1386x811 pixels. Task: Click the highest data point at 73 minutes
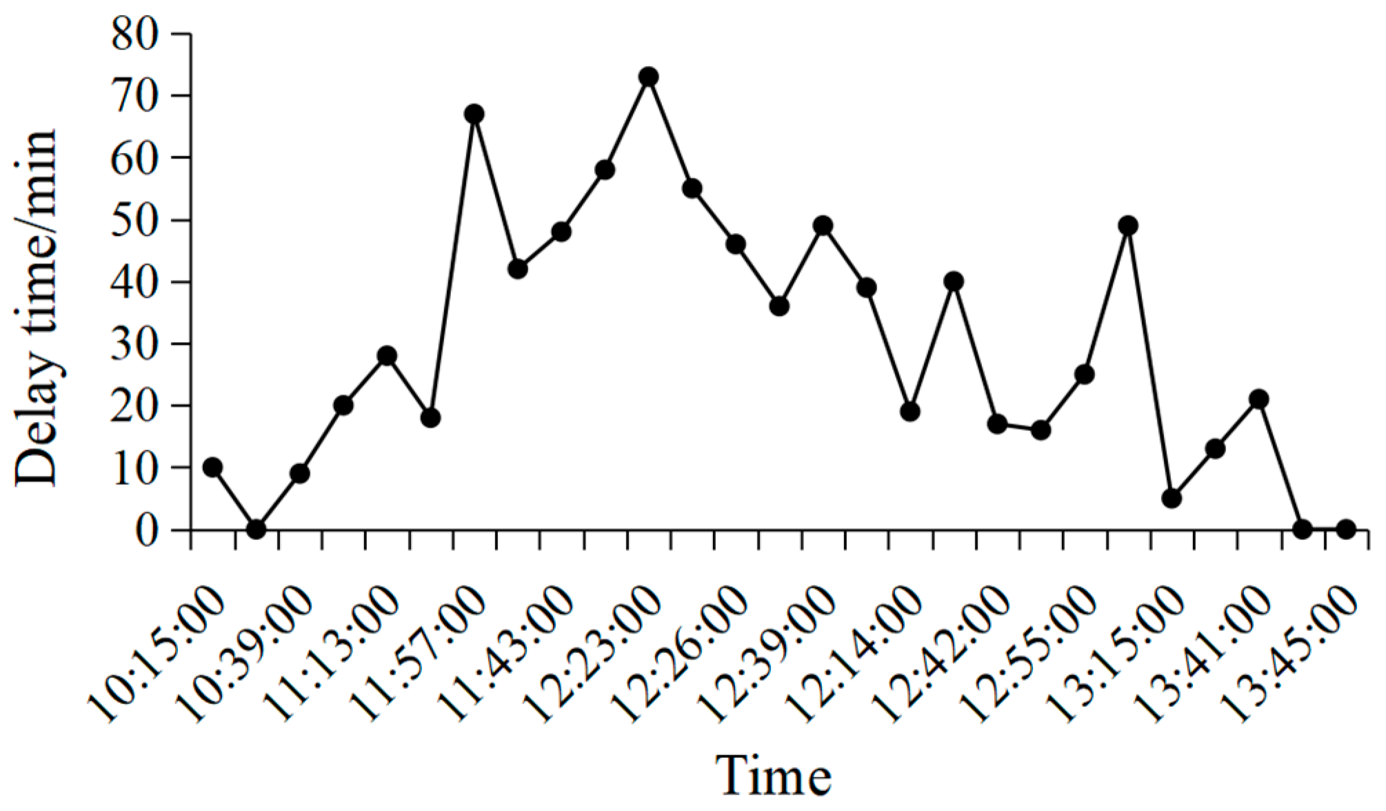pyautogui.click(x=647, y=77)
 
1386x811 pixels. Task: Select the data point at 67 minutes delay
pyautogui.click(x=474, y=114)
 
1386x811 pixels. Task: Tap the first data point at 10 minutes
pyautogui.click(x=212, y=468)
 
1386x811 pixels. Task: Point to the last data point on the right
pyautogui.click(x=1345, y=529)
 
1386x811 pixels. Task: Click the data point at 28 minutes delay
pyautogui.click(x=387, y=356)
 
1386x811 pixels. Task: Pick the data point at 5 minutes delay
pyautogui.click(x=1172, y=498)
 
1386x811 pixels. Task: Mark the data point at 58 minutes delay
pyautogui.click(x=605, y=170)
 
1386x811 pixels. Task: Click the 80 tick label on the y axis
pyautogui.click(x=137, y=34)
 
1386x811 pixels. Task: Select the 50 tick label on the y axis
pyautogui.click(x=137, y=221)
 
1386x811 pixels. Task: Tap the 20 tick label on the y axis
pyautogui.click(x=137, y=406)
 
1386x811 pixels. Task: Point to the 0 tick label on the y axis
pyautogui.click(x=146, y=530)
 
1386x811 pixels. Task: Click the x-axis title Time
pyautogui.click(x=774, y=775)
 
